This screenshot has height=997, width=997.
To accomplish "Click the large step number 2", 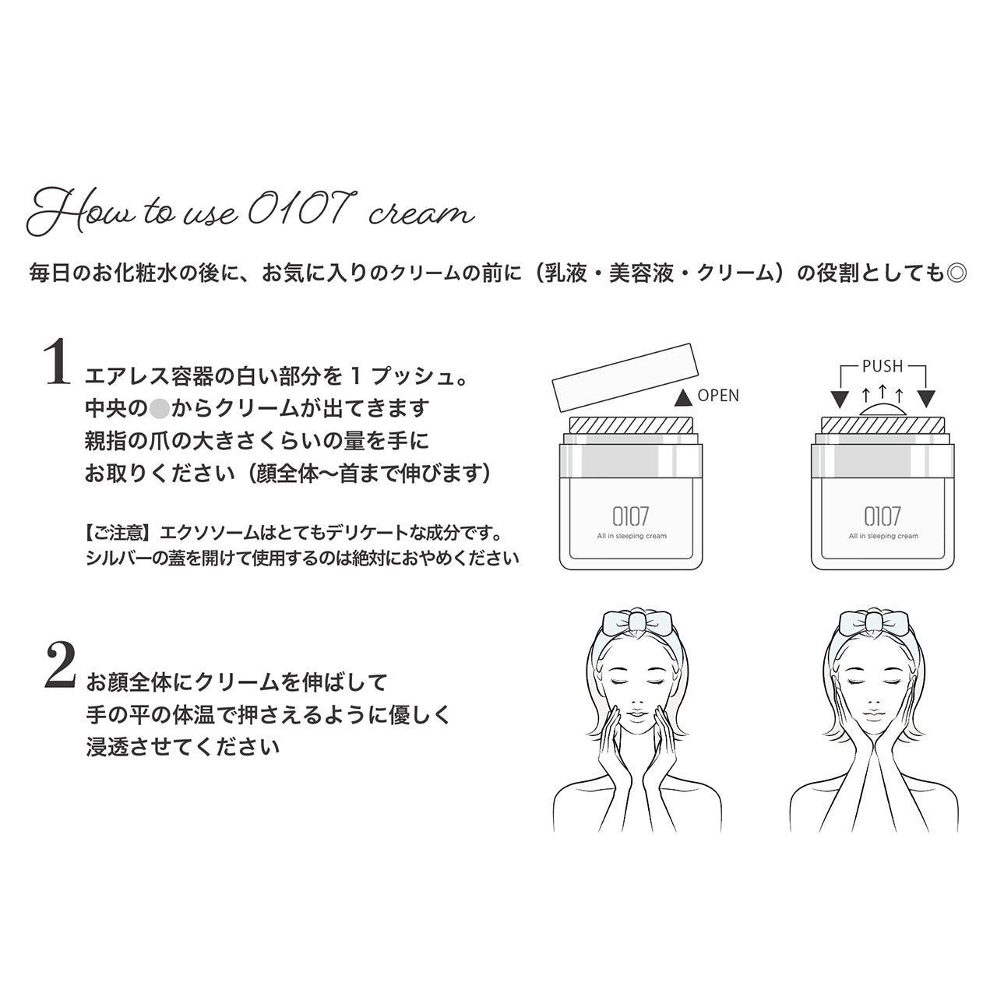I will click(60, 667).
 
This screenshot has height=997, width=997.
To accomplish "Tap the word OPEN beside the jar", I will click(718, 396).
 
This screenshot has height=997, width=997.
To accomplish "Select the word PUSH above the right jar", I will click(882, 366).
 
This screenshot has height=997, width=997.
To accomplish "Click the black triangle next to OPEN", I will click(683, 397).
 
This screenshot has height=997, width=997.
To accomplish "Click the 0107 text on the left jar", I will click(631, 516).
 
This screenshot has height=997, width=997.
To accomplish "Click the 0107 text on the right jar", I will click(883, 516).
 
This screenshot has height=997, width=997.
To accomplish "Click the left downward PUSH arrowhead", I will click(839, 400).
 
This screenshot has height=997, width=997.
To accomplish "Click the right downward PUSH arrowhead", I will click(925, 400).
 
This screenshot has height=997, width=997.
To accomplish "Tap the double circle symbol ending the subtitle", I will click(956, 273).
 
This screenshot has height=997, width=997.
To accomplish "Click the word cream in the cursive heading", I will click(421, 214).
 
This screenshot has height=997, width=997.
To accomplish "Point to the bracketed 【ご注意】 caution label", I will click(120, 534).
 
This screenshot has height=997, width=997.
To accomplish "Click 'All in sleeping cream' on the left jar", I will click(632, 536).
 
